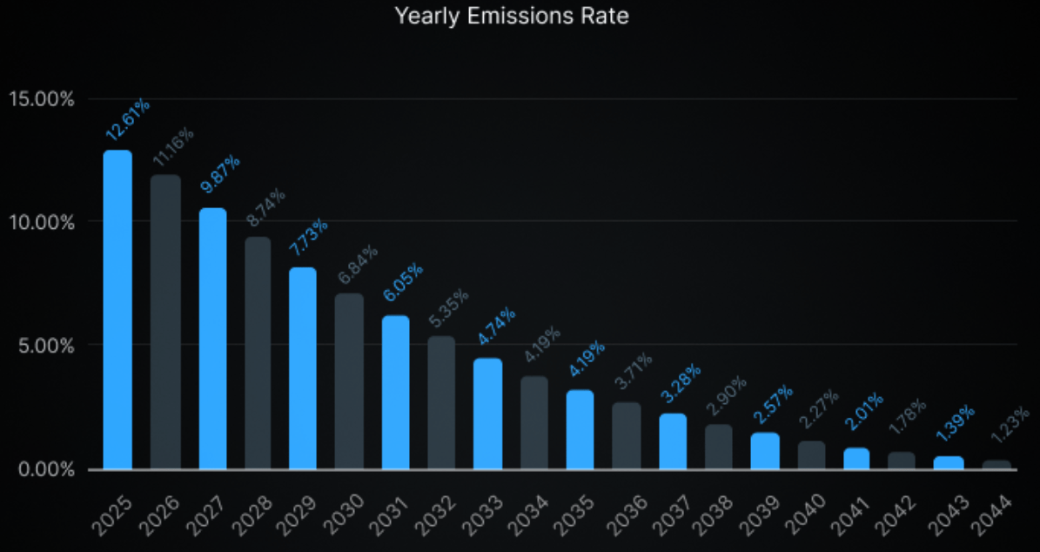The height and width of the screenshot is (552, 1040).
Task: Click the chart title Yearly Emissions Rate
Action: [x=512, y=16]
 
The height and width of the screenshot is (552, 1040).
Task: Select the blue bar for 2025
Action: [x=117, y=310]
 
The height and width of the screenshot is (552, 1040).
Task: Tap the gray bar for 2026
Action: [x=165, y=322]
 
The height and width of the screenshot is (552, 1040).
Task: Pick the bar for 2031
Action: [x=395, y=392]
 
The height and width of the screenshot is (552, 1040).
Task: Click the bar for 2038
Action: [x=718, y=448]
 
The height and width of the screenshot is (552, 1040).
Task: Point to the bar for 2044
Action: [x=996, y=465]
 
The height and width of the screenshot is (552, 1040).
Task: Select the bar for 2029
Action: [x=303, y=368]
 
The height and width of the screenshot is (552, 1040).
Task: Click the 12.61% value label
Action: [x=127, y=119]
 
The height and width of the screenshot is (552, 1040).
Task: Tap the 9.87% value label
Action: [x=220, y=174]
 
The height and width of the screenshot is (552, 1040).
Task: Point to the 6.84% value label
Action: [x=359, y=265]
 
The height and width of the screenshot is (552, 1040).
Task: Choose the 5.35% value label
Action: [x=449, y=308]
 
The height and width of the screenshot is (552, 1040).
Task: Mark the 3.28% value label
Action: [x=681, y=383]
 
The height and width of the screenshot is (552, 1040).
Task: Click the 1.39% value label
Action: [x=955, y=423]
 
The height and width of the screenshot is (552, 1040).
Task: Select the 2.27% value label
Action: [x=818, y=409]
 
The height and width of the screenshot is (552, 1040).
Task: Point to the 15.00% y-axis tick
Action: [x=42, y=99]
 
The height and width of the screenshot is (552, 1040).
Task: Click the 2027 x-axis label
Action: [x=205, y=515]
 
